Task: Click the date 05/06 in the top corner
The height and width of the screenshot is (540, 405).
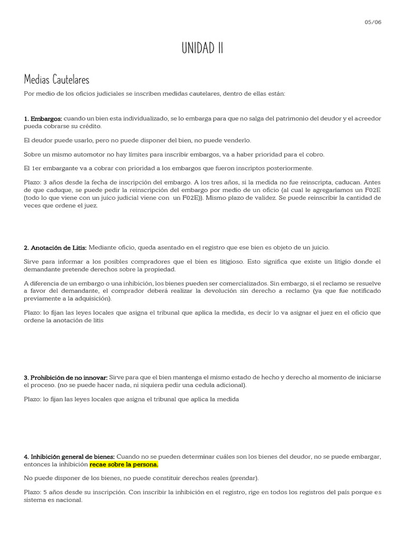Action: point(373,22)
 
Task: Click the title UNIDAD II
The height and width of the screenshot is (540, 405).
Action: point(202,48)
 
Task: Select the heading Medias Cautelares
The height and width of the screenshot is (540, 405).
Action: point(56,80)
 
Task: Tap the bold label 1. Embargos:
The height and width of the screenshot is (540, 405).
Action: point(43,119)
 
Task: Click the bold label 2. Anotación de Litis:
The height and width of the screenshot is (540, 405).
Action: point(55,247)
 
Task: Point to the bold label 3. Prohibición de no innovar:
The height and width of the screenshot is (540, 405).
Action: point(65,378)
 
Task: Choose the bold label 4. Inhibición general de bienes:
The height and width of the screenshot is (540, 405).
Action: point(69,456)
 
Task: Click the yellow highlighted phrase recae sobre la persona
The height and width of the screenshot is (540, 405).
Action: point(124,465)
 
